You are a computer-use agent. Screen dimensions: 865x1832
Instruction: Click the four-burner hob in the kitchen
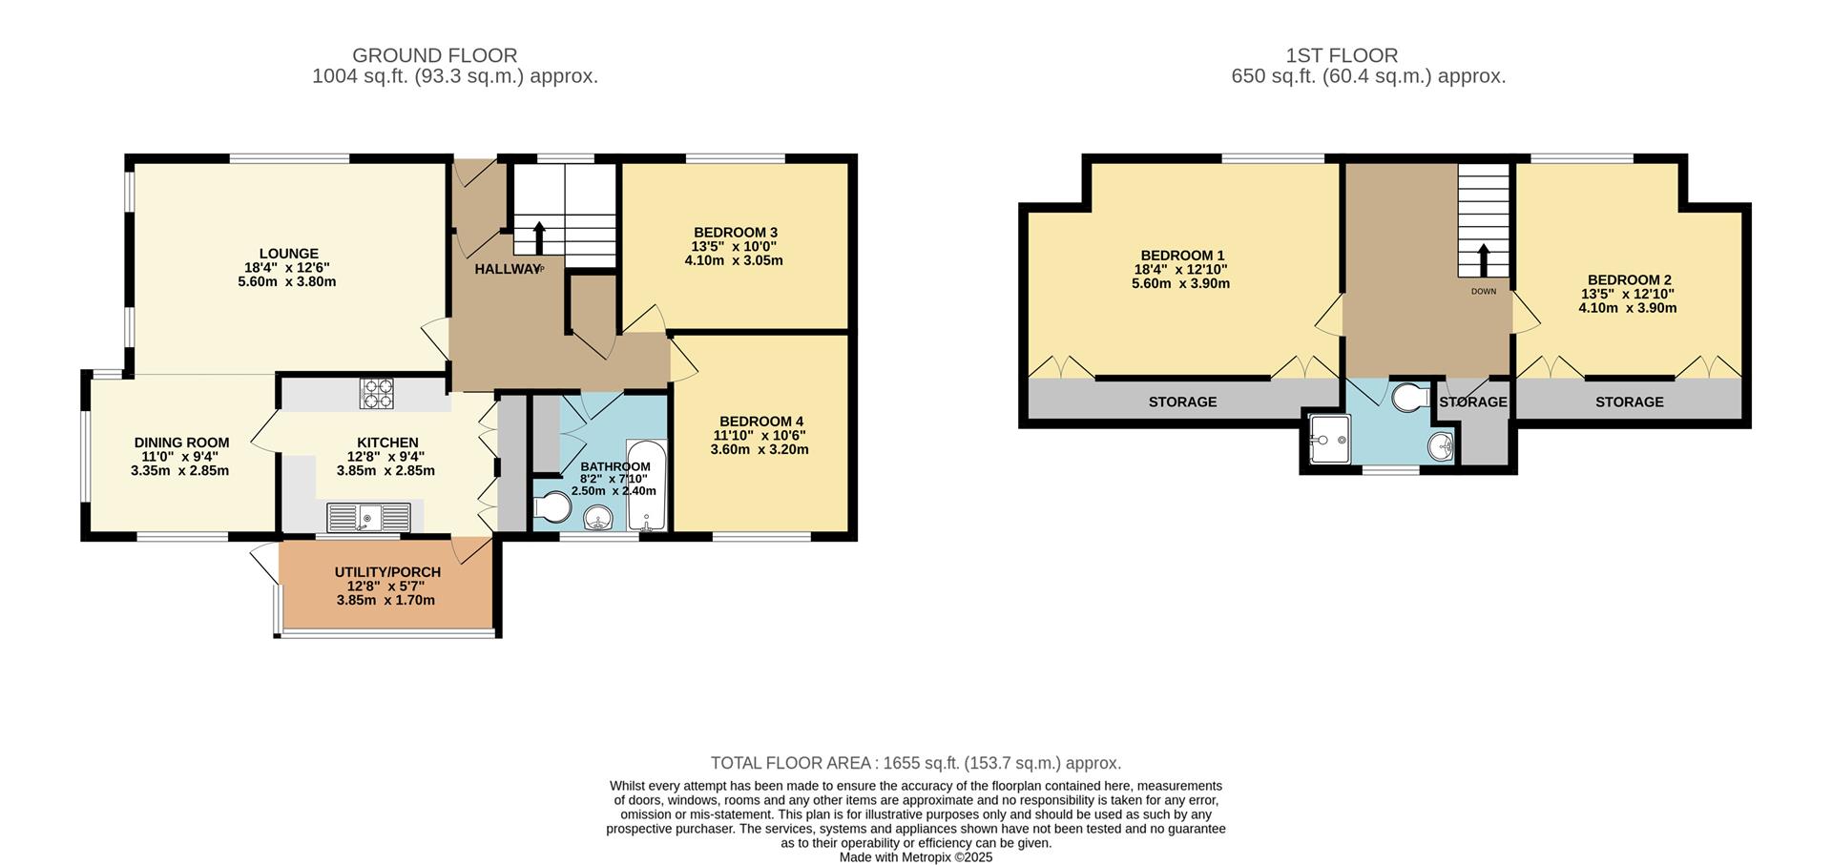376,394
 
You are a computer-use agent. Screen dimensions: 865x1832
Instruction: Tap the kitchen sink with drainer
368,518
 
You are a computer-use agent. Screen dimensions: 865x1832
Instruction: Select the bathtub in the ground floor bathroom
647,485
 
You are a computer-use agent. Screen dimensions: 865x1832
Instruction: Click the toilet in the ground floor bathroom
551,508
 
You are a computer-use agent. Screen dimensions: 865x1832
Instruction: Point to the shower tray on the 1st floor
1328,439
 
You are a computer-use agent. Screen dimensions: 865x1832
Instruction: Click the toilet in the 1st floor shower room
1410,398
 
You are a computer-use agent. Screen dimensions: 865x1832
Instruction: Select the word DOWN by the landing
1484,292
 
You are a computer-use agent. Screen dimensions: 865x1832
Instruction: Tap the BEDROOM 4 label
760,422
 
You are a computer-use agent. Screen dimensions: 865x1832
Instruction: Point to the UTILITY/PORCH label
387,572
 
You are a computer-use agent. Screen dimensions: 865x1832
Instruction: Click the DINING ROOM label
181,443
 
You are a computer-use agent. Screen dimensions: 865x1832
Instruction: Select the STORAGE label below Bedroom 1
1182,402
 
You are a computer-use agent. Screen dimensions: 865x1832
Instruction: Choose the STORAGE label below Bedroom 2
1629,402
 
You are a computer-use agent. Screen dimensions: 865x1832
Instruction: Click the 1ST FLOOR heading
1368,55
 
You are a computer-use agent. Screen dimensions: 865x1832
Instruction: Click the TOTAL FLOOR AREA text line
915,763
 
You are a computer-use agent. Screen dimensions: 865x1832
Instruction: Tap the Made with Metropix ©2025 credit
915,857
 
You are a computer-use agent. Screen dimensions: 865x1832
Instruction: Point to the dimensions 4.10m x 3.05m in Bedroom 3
734,260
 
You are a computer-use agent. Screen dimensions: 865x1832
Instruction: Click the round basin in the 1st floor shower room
1442,444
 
